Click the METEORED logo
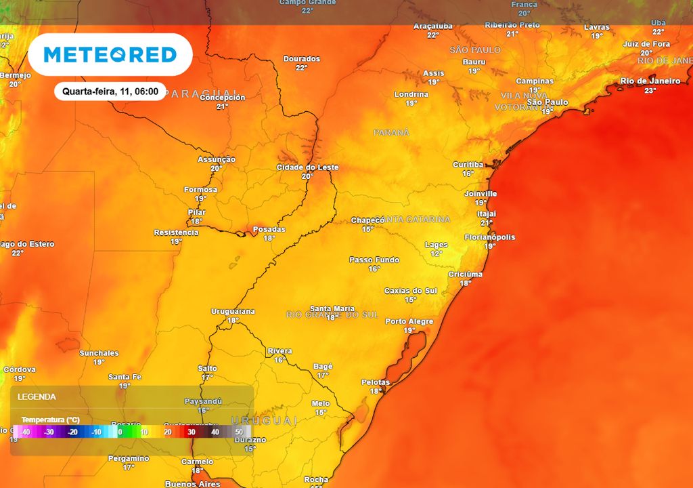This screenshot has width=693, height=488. click(x=110, y=55)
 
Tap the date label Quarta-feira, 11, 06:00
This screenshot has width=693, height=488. click(x=110, y=91)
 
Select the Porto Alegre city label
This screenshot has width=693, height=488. click(x=409, y=321)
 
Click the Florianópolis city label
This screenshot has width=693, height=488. click(x=489, y=237)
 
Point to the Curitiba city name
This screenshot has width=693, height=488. click(x=468, y=165)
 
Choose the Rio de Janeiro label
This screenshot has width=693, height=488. click(x=650, y=81)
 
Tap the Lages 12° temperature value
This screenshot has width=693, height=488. click(x=437, y=253)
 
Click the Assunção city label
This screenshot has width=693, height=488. click(x=217, y=159)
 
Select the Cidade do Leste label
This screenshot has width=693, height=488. click(x=308, y=167)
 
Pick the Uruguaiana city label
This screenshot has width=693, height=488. click(x=233, y=311)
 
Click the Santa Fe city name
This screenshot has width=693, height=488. click(x=125, y=377)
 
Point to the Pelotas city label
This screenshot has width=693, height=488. click(x=376, y=382)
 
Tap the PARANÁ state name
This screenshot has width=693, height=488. click(x=391, y=133)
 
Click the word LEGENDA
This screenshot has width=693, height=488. click(x=37, y=396)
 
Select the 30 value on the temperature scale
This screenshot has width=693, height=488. click(x=192, y=432)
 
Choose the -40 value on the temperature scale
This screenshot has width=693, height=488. click(x=26, y=432)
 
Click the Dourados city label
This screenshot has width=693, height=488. click(x=301, y=59)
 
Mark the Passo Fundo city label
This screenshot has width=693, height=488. click(x=374, y=260)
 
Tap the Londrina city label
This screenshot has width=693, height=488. click(x=411, y=94)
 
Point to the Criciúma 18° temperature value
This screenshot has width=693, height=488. click(x=466, y=283)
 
